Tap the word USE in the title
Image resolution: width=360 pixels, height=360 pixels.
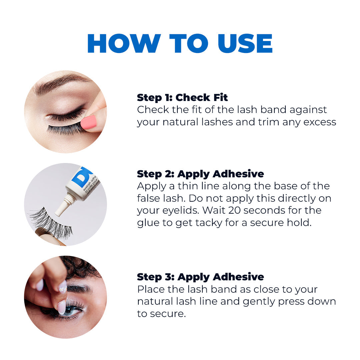pos(245,44)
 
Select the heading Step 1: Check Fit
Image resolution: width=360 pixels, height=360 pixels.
pos(182,98)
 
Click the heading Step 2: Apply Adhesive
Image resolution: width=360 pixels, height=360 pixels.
pos(200,174)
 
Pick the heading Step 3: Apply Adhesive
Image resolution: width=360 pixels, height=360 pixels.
pos(200,277)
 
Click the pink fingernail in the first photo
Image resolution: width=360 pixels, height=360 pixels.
pos(89,122)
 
